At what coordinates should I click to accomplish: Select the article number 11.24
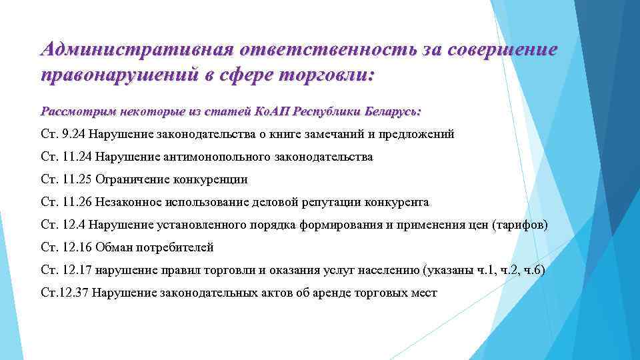point(77,157)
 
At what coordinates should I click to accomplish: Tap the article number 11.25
point(77,179)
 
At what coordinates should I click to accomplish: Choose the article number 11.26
point(77,202)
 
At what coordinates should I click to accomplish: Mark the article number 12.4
point(74,225)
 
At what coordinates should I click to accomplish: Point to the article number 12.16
point(77,247)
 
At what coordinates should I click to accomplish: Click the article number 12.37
point(74,293)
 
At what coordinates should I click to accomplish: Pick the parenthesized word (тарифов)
point(519,225)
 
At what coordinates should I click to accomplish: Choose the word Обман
point(114,247)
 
